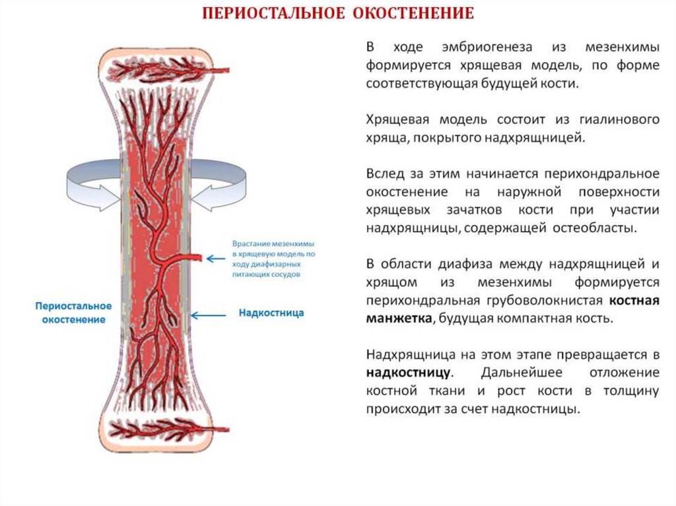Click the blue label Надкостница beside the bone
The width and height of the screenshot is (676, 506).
coord(271,313)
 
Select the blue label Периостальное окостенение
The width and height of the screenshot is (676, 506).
coord(73,313)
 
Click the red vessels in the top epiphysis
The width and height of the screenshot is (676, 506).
coord(158,69)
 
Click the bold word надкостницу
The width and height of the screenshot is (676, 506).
coord(407,372)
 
